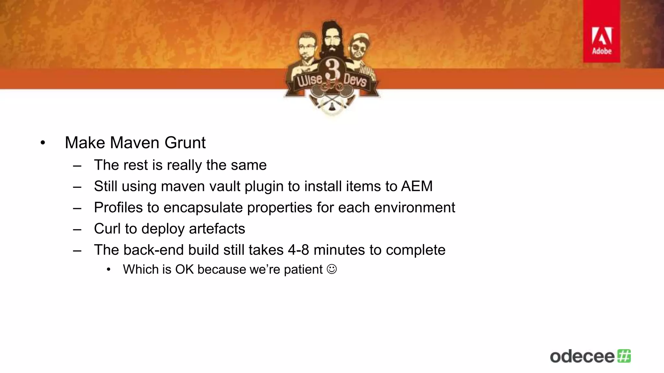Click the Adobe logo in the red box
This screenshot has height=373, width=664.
click(602, 40)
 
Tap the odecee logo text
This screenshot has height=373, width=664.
click(582, 356)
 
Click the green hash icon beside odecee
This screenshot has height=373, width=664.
click(624, 356)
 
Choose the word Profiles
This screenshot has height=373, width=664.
click(118, 208)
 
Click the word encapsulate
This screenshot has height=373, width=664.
click(203, 208)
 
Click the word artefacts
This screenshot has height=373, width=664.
click(217, 229)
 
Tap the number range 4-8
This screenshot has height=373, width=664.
click(298, 250)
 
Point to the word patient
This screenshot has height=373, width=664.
click(303, 269)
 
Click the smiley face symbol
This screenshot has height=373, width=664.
click(332, 269)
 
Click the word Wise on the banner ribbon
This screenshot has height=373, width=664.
click(310, 79)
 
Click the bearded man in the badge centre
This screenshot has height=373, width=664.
click(331, 39)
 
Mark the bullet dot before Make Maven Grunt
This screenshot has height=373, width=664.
click(43, 143)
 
